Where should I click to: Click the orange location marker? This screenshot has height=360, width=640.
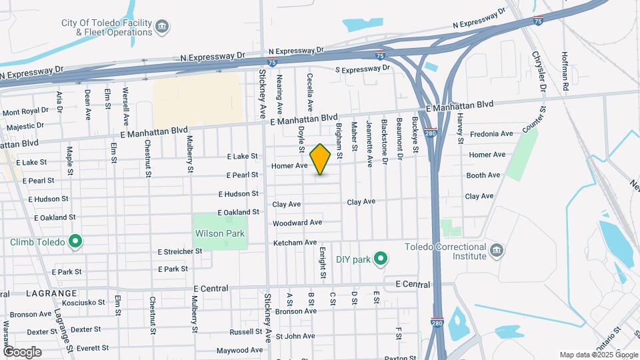pyautogui.click(x=321, y=159)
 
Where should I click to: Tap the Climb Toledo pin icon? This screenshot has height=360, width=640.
pyautogui.click(x=75, y=241)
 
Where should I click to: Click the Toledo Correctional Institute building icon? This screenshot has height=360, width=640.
pyautogui.click(x=496, y=251)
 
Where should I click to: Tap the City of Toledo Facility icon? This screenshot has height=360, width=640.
pyautogui.click(x=161, y=27)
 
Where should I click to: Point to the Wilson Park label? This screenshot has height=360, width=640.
pyautogui.click(x=220, y=234)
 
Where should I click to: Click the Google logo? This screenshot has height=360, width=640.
pyautogui.click(x=22, y=351)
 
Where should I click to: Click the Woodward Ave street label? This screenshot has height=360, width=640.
pyautogui.click(x=297, y=223)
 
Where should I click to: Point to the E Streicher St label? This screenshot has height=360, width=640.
pyautogui.click(x=179, y=251)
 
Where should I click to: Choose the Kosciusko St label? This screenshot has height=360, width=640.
pyautogui.click(x=83, y=303)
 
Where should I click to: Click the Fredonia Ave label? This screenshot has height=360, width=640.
pyautogui.click(x=491, y=134)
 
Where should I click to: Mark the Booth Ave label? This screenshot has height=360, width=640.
pyautogui.click(x=483, y=175)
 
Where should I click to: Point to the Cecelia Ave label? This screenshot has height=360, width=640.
pyautogui.click(x=310, y=92)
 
